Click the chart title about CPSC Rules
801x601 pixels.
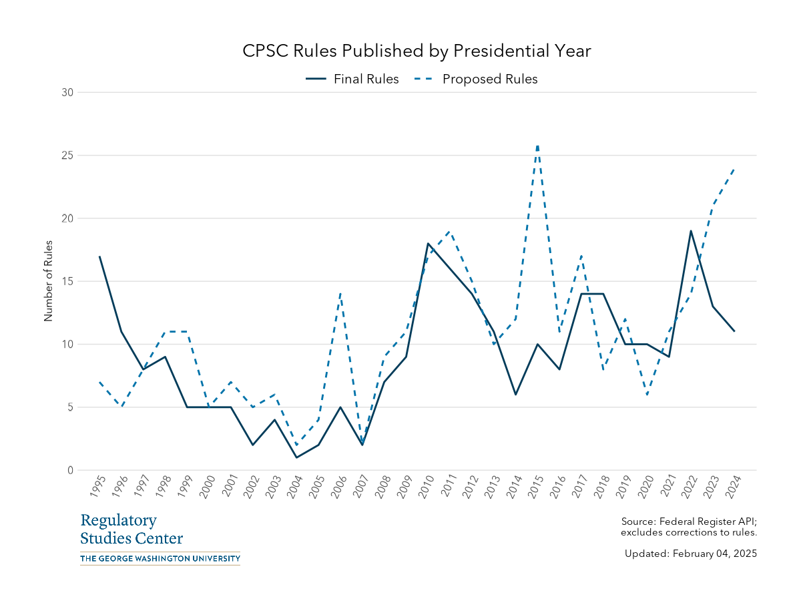(417, 51)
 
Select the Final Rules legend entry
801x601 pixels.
(352, 79)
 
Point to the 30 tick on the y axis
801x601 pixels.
(66, 92)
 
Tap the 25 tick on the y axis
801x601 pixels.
(66, 156)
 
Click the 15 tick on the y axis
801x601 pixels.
(66, 281)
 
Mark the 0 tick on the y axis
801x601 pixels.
(69, 470)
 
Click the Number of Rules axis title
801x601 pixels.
(48, 281)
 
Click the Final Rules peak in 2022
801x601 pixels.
(691, 231)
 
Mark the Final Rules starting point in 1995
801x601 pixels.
(99, 256)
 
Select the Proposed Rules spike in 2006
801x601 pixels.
(340, 294)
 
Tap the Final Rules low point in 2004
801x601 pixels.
(296, 457)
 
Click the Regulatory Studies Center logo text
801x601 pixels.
(131, 530)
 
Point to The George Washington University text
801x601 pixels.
(160, 558)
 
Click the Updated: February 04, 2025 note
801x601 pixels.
(690, 554)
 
